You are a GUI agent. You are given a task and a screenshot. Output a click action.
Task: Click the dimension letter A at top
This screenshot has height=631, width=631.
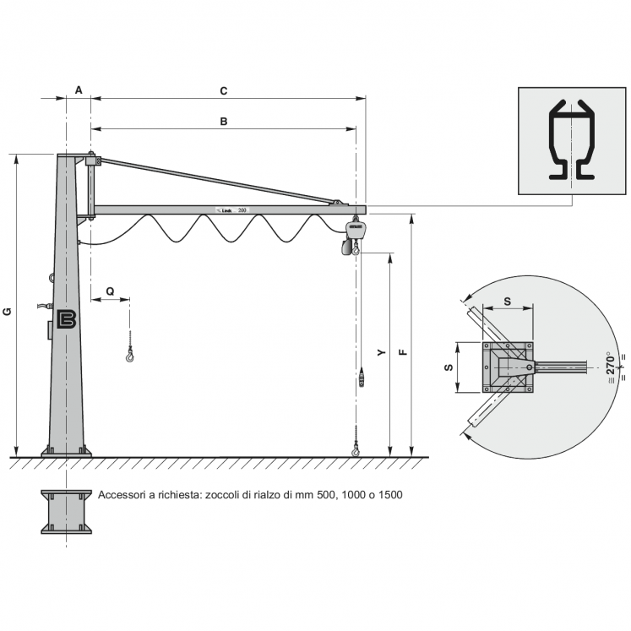tap(78, 89)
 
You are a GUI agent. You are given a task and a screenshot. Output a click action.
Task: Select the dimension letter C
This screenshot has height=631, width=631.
tap(223, 89)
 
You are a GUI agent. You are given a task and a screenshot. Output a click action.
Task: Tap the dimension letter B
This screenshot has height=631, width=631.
tap(223, 121)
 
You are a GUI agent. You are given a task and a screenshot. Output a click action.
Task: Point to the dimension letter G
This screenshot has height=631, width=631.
tap(8, 311)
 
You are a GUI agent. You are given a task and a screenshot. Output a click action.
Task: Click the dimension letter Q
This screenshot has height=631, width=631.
tap(110, 290)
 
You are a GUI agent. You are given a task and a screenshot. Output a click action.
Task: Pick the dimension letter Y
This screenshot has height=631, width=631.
tap(381, 351)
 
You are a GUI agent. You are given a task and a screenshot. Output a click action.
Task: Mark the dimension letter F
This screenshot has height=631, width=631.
tap(403, 351)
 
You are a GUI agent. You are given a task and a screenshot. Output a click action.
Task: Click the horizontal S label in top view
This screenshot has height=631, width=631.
tap(507, 300)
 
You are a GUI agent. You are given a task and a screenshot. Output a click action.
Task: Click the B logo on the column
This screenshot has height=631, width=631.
tap(68, 319)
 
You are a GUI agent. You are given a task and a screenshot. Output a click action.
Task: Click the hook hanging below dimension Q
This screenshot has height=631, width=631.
tap(129, 356)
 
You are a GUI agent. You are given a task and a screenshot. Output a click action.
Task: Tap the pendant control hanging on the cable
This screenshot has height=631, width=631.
tap(362, 376)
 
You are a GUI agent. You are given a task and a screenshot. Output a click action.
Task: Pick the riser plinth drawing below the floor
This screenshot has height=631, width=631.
tap(67, 511)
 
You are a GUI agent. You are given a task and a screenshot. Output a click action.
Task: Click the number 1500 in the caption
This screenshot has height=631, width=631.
tap(389, 495)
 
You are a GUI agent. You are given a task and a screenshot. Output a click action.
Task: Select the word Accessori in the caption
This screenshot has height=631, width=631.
tap(122, 495)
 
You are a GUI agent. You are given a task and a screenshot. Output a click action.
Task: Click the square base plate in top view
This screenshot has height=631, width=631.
tap(509, 367)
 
